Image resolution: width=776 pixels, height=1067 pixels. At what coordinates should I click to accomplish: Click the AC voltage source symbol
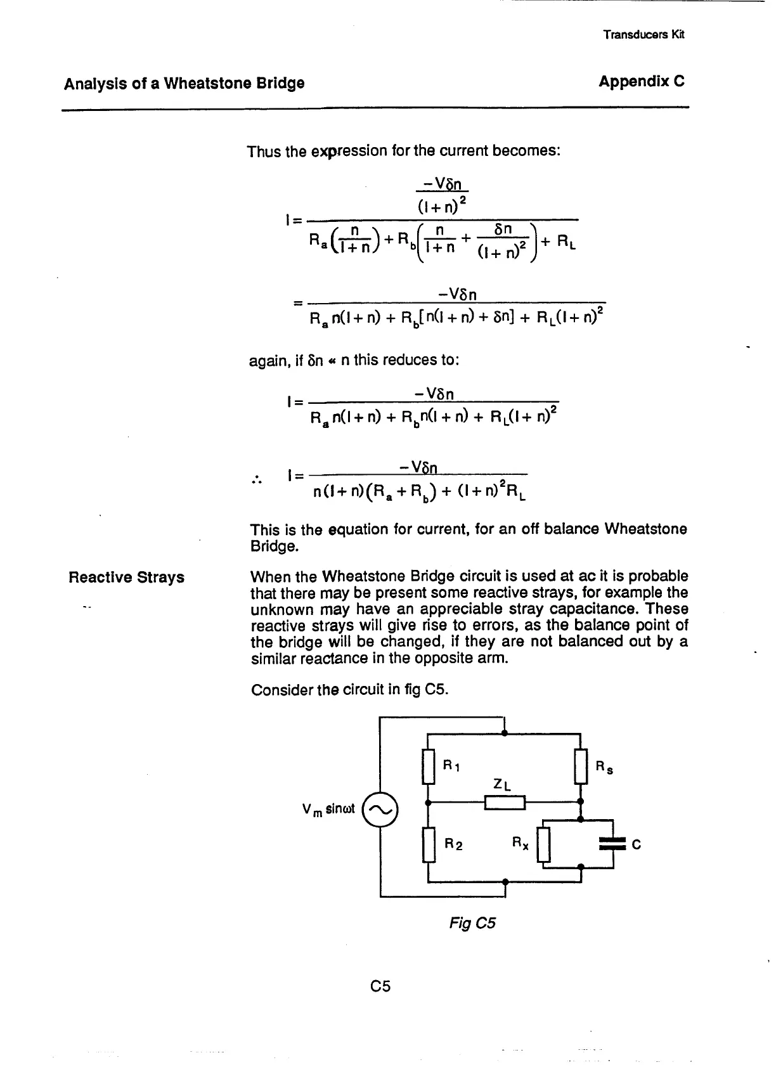click(x=380, y=810)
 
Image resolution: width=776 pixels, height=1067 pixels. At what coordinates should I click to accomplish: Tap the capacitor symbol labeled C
click(x=612, y=843)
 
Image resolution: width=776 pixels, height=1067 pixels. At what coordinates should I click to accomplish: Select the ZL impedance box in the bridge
click(x=505, y=803)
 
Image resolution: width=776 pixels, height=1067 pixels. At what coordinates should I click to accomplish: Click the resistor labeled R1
click(x=429, y=767)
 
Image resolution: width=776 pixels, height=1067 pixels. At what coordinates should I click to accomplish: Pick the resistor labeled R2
click(x=429, y=845)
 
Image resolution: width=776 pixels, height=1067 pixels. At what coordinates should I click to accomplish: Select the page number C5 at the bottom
click(x=380, y=986)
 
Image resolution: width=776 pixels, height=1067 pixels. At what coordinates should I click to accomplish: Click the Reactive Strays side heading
click(x=126, y=577)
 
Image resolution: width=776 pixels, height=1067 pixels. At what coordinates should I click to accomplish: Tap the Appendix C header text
click(x=642, y=82)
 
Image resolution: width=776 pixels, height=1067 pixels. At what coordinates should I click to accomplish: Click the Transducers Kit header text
click(x=643, y=35)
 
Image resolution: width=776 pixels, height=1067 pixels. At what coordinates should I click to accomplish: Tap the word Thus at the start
click(x=264, y=152)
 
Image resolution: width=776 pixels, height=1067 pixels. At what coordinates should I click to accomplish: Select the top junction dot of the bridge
click(x=504, y=733)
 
